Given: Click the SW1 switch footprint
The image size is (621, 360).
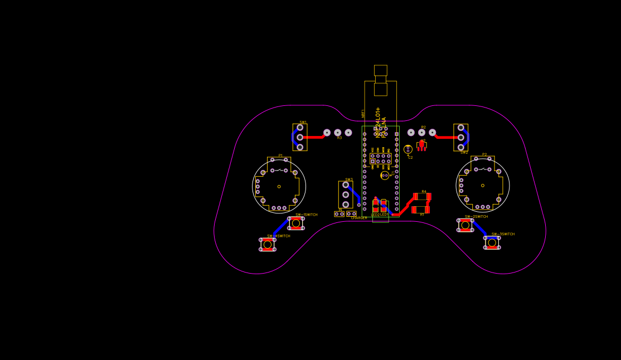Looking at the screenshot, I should pos(300,137).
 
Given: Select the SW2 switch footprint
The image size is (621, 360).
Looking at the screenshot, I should pos(460,137).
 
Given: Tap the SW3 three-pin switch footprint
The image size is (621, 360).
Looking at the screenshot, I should pos(346,194).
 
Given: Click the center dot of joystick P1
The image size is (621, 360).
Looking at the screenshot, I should pos(279,186).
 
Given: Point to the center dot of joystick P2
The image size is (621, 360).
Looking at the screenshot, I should pos(483,185).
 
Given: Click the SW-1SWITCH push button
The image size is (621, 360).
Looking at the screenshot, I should pos(296,223).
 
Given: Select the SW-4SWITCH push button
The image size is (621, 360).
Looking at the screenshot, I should pos(268,244).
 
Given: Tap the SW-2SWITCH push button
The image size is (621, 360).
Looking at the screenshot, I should pos(465,225).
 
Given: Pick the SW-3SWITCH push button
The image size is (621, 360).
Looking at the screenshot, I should pos(492,242).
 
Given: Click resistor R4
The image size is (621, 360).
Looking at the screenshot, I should pos(422,197).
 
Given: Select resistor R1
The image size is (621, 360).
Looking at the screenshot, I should pos(421,210).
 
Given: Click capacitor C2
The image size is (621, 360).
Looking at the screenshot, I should pos(408,149).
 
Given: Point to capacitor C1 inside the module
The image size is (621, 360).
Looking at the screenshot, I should pos(385,176).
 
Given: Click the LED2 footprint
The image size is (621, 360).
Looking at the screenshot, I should pos(376,206).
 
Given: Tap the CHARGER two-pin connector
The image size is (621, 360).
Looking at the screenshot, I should pos(351,213).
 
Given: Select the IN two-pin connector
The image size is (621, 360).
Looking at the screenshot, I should pos(339,213).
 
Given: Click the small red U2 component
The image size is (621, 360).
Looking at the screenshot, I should pos(421,144).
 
